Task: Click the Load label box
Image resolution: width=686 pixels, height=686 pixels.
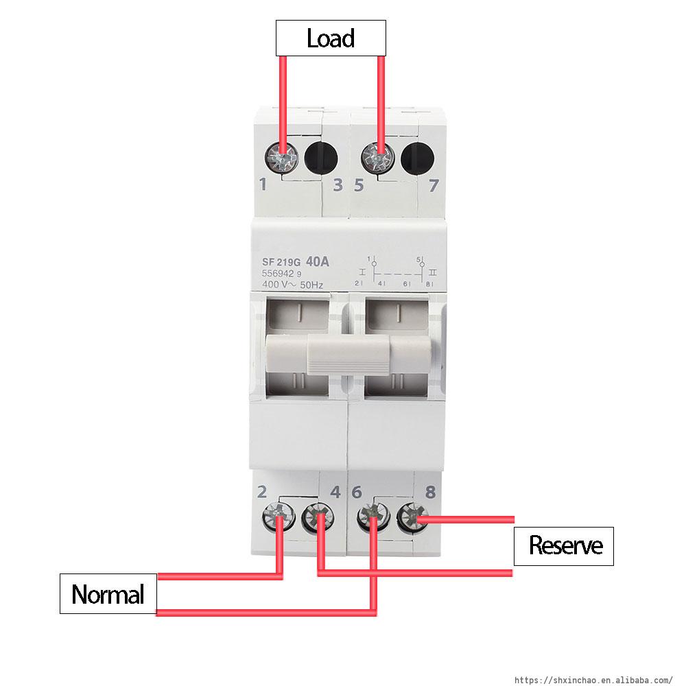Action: pos(331,38)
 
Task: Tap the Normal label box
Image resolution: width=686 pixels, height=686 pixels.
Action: pos(108,594)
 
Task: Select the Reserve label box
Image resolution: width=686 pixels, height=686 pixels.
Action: pos(564,546)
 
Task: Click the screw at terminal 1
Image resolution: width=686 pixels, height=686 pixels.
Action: pos(282,158)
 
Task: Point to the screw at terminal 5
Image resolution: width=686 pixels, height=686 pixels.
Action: pos(377,158)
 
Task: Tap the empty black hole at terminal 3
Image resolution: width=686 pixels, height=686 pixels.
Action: pos(320,158)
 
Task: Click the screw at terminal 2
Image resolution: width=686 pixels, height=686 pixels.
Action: pos(279,517)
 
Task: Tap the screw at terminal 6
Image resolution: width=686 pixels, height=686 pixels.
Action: pos(372,517)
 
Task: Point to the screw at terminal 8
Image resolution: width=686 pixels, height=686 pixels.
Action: pos(412,517)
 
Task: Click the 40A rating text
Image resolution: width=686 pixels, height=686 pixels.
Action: pos(318,261)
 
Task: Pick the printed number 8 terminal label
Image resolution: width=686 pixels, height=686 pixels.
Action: pos(430,491)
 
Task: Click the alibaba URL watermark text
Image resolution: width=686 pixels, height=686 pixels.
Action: pos(593,680)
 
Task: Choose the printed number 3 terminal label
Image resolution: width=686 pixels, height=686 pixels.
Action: pos(338,185)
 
